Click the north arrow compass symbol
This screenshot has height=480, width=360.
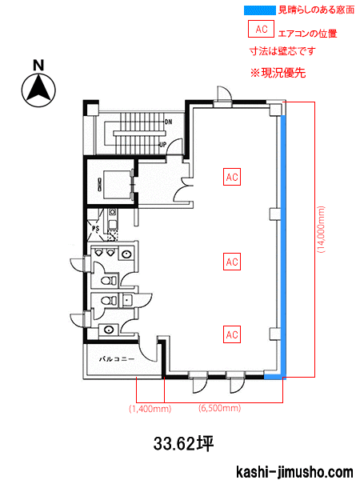point(38,90)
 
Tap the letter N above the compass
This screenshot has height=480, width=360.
point(39,66)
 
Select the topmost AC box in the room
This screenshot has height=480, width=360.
point(232,177)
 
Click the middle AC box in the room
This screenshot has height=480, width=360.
point(232,262)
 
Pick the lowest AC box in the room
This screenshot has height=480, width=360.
point(232,334)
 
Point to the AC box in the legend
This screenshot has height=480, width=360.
point(261,29)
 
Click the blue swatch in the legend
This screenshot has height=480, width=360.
point(260,10)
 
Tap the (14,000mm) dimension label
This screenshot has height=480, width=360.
point(321,230)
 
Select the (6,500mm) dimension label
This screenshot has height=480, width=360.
point(220,408)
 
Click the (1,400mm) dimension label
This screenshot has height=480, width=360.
point(150,409)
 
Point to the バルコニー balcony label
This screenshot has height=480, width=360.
point(117,359)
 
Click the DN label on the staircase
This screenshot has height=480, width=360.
point(168,122)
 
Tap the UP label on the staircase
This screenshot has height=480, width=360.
point(163,144)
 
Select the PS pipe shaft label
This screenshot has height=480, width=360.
point(96,228)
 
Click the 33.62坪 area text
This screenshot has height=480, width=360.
point(183,443)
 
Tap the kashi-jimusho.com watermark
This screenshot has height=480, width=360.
point(294,472)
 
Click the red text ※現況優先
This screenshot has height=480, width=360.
point(278,73)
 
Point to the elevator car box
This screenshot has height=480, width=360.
point(117,185)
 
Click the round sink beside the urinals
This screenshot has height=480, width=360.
point(127,254)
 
